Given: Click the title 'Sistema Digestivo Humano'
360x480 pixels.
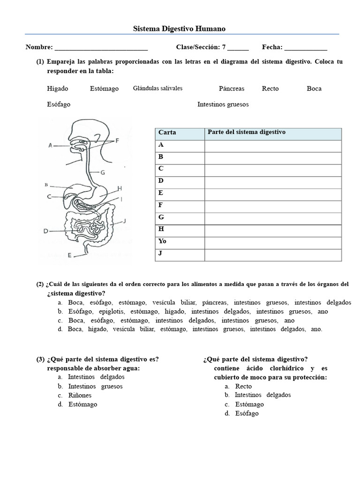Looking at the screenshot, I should (180, 29).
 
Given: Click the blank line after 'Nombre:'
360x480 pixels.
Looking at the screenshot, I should (101, 47).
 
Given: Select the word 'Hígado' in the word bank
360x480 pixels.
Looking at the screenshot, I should (58, 89).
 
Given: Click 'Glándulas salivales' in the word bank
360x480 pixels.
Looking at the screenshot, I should (157, 88).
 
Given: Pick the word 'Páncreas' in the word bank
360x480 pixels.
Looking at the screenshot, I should (232, 89).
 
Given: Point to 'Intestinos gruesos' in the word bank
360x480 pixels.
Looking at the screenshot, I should (223, 105).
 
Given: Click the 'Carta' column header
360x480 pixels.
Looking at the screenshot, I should (167, 133).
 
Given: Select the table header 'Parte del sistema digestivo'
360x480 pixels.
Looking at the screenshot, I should (247, 133).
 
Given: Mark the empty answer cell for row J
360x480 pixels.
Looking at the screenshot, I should (273, 255).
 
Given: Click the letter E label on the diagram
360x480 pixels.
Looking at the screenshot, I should (70, 255).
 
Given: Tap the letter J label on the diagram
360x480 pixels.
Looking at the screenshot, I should (125, 220).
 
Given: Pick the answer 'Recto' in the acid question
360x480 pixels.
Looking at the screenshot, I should (243, 386).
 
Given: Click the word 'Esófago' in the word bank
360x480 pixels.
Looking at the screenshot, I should (59, 105).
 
